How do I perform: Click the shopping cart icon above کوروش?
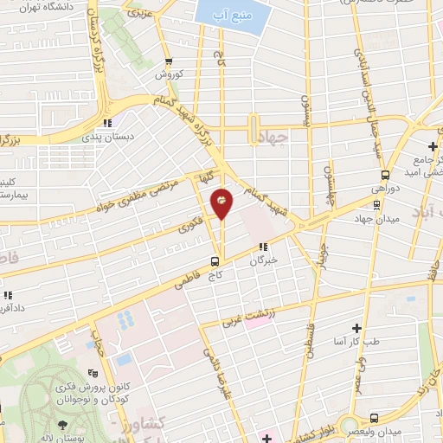tap(169, 61)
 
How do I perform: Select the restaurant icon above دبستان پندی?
tap(107, 123)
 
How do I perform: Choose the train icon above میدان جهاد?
tap(376, 205)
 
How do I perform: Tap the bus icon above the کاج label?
tap(215, 260)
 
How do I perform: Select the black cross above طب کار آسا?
tap(356, 328)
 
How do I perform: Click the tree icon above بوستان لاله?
tap(62, 425)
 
